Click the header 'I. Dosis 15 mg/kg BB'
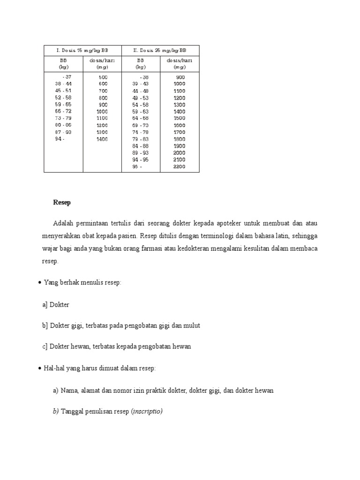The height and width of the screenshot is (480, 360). pyautogui.click(x=82, y=50)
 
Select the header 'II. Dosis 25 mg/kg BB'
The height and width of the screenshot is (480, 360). pyautogui.click(x=160, y=50)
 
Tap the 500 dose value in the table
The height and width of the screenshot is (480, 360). pyautogui.click(x=103, y=77)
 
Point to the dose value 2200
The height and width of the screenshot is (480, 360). pyautogui.click(x=179, y=166)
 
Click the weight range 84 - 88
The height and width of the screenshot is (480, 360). pyautogui.click(x=140, y=146)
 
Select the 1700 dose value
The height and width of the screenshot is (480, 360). pyautogui.click(x=179, y=132)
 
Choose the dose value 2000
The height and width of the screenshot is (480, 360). pyautogui.click(x=179, y=153)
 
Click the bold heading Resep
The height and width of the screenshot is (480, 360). pyautogui.click(x=61, y=202)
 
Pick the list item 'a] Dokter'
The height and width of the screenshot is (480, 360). pyautogui.click(x=56, y=305)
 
